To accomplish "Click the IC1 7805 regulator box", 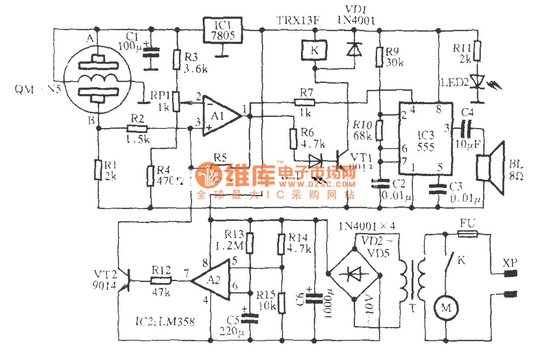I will click(x=223, y=30).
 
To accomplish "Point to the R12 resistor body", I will click(x=161, y=280).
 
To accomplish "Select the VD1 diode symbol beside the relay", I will click(x=353, y=50).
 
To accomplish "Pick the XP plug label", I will click(x=510, y=263).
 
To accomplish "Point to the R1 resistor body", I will click(x=98, y=170).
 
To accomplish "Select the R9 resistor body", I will click(x=379, y=56).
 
